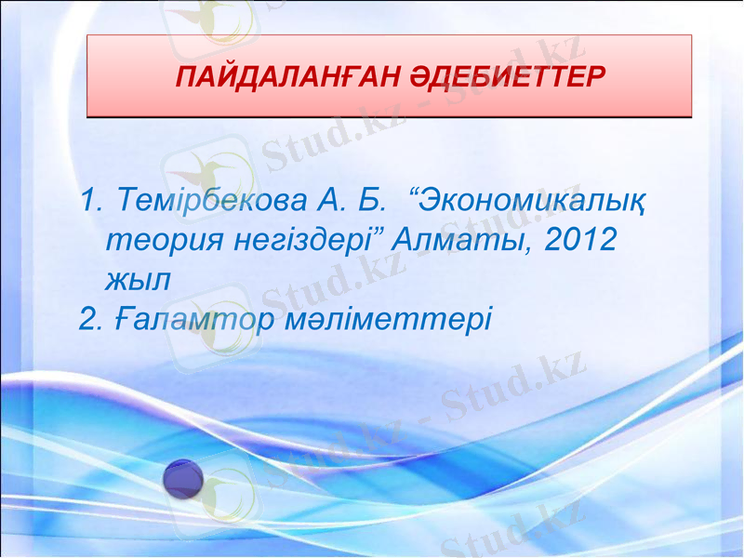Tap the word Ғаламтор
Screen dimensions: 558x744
click(x=196, y=319)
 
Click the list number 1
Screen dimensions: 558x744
click(x=89, y=200)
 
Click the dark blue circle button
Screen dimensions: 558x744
click(x=183, y=479)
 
